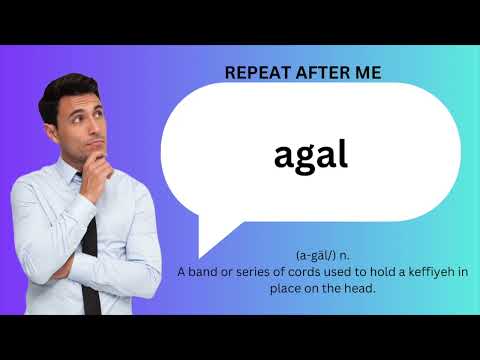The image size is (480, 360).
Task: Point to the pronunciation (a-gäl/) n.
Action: (322, 255)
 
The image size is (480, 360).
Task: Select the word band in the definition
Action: (205, 272)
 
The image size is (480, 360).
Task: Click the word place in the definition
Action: (286, 289)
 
